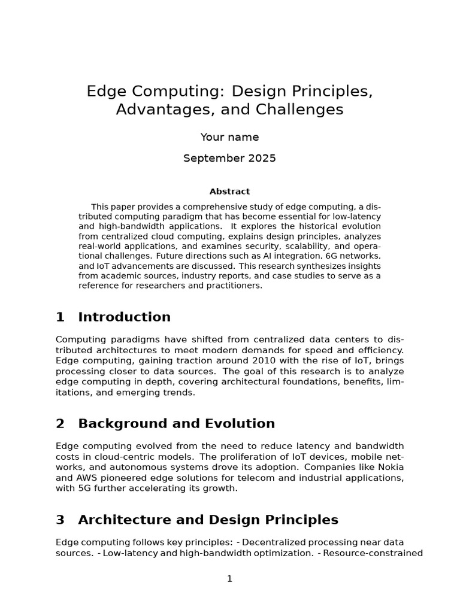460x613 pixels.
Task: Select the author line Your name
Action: pos(229,137)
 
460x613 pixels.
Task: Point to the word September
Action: pos(211,159)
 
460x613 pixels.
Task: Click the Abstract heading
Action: pos(229,192)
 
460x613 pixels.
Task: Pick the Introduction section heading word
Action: pos(124,317)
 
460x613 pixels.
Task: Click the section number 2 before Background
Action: pos(60,424)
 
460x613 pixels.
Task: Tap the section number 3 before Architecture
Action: pos(60,520)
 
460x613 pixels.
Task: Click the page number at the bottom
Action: pos(229,579)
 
